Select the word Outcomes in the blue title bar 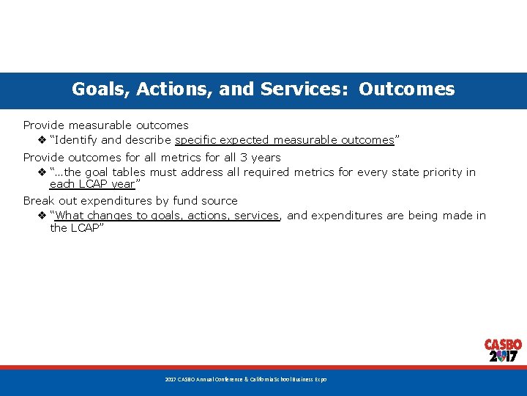[407, 89]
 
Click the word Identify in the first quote [75, 140]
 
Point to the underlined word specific [198, 140]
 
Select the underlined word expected [247, 140]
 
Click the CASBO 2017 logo [503, 351]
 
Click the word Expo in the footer [321, 380]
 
